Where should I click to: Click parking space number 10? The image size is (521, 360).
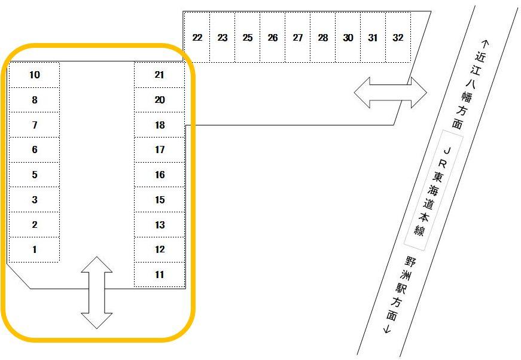pyautogui.click(x=34, y=75)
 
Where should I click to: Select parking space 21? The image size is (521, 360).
pyautogui.click(x=160, y=75)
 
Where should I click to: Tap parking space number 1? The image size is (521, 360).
pyautogui.click(x=34, y=250)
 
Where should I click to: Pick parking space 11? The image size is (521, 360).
pyautogui.click(x=160, y=274)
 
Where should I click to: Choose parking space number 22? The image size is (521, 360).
pyautogui.click(x=197, y=37)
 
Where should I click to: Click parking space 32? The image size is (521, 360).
pyautogui.click(x=398, y=37)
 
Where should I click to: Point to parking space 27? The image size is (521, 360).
pyautogui.click(x=298, y=37)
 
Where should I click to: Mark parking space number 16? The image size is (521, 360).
pyautogui.click(x=160, y=175)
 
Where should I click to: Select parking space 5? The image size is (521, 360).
pyautogui.click(x=34, y=175)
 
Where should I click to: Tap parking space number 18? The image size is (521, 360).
pyautogui.click(x=160, y=125)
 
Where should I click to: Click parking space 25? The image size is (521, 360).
pyautogui.click(x=248, y=37)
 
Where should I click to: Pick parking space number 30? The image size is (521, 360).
pyautogui.click(x=348, y=37)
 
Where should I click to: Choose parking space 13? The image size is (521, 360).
pyautogui.click(x=160, y=225)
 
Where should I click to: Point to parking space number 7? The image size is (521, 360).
pyautogui.click(x=34, y=125)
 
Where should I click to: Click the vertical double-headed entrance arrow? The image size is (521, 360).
pyautogui.click(x=97, y=292)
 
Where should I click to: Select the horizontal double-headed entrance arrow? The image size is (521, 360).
pyautogui.click(x=391, y=93)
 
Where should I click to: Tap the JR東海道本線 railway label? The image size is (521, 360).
pyautogui.click(x=434, y=190)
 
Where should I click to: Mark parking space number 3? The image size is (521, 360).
pyautogui.click(x=34, y=200)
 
